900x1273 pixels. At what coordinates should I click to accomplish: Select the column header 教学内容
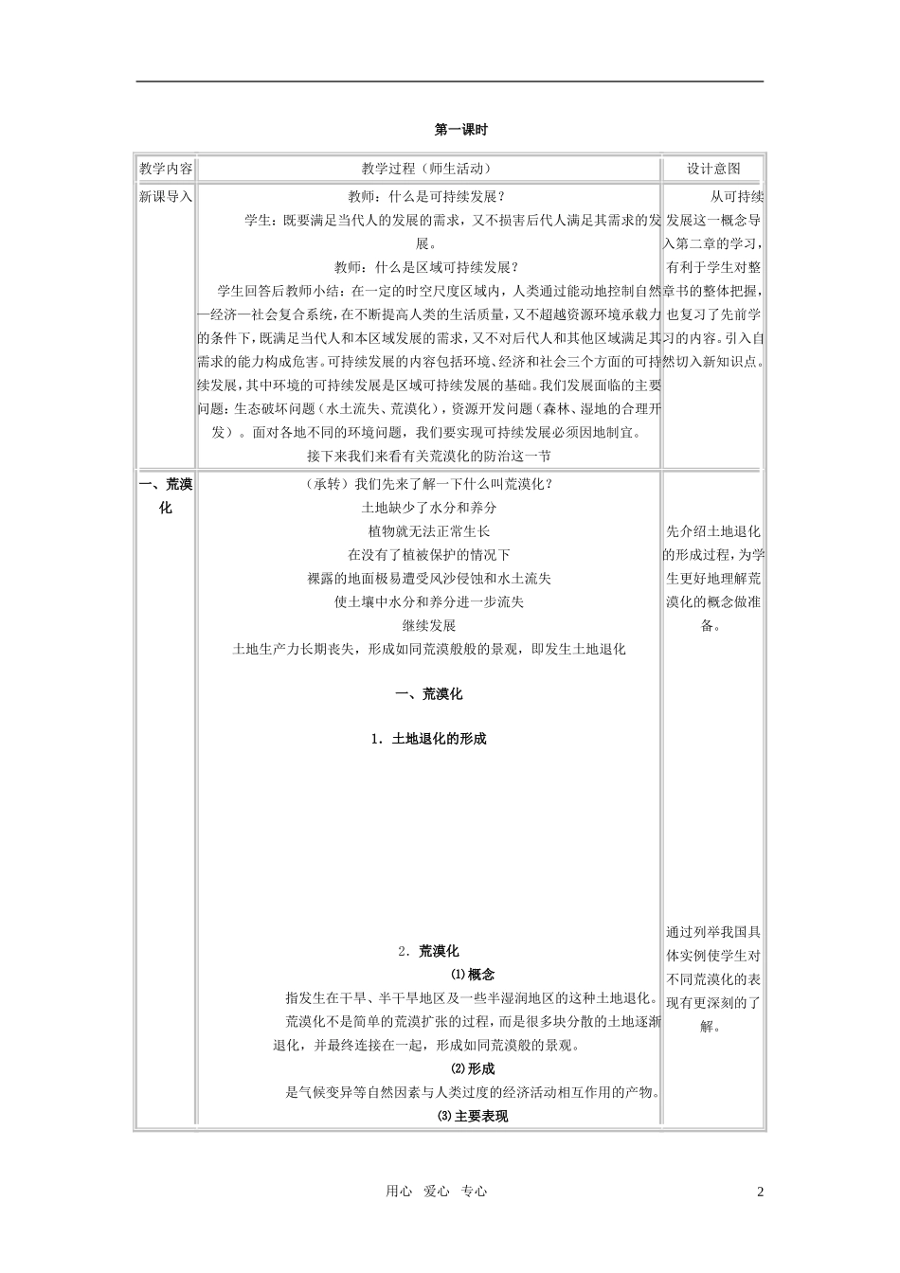coord(166,169)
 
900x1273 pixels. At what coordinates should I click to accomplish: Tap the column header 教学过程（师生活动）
coord(428,169)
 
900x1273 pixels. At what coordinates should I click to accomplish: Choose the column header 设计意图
coord(713,169)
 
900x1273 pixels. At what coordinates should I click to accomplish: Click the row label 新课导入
coord(166,196)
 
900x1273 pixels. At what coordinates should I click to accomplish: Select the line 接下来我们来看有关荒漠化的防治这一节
coord(428,456)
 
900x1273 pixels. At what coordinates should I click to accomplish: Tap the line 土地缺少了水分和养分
coord(429,508)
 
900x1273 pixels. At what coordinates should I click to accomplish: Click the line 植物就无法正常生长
coord(429,531)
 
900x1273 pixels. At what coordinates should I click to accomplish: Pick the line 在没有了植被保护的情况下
coord(429,555)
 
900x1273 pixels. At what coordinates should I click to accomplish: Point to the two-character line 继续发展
coord(429,625)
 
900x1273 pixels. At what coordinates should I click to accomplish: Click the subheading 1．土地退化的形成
coord(429,739)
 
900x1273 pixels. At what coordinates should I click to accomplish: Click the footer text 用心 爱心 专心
coord(437,1192)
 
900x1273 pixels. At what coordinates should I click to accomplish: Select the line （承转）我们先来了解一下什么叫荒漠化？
coord(429,484)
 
